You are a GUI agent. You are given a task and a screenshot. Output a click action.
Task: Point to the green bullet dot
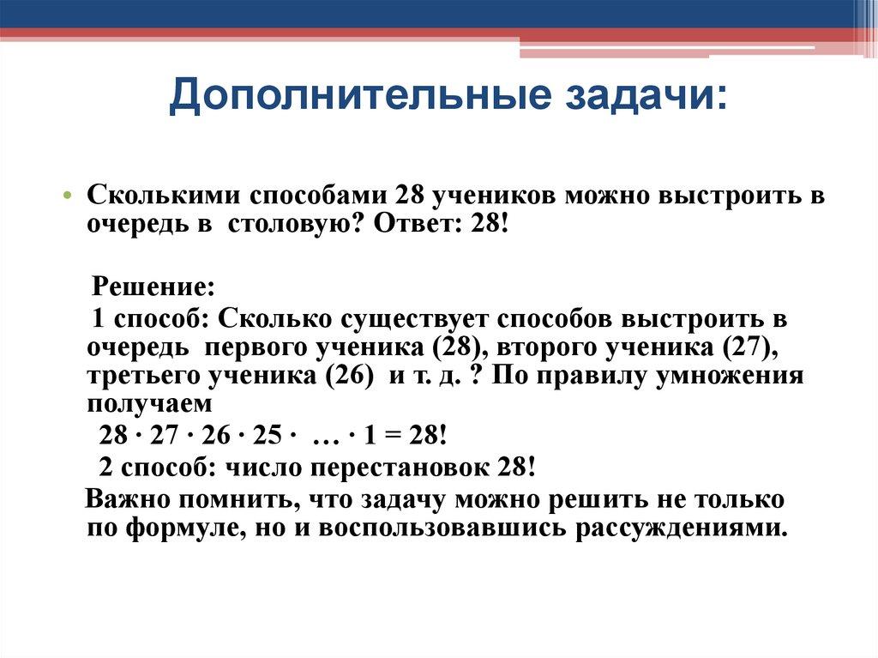click(69, 196)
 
